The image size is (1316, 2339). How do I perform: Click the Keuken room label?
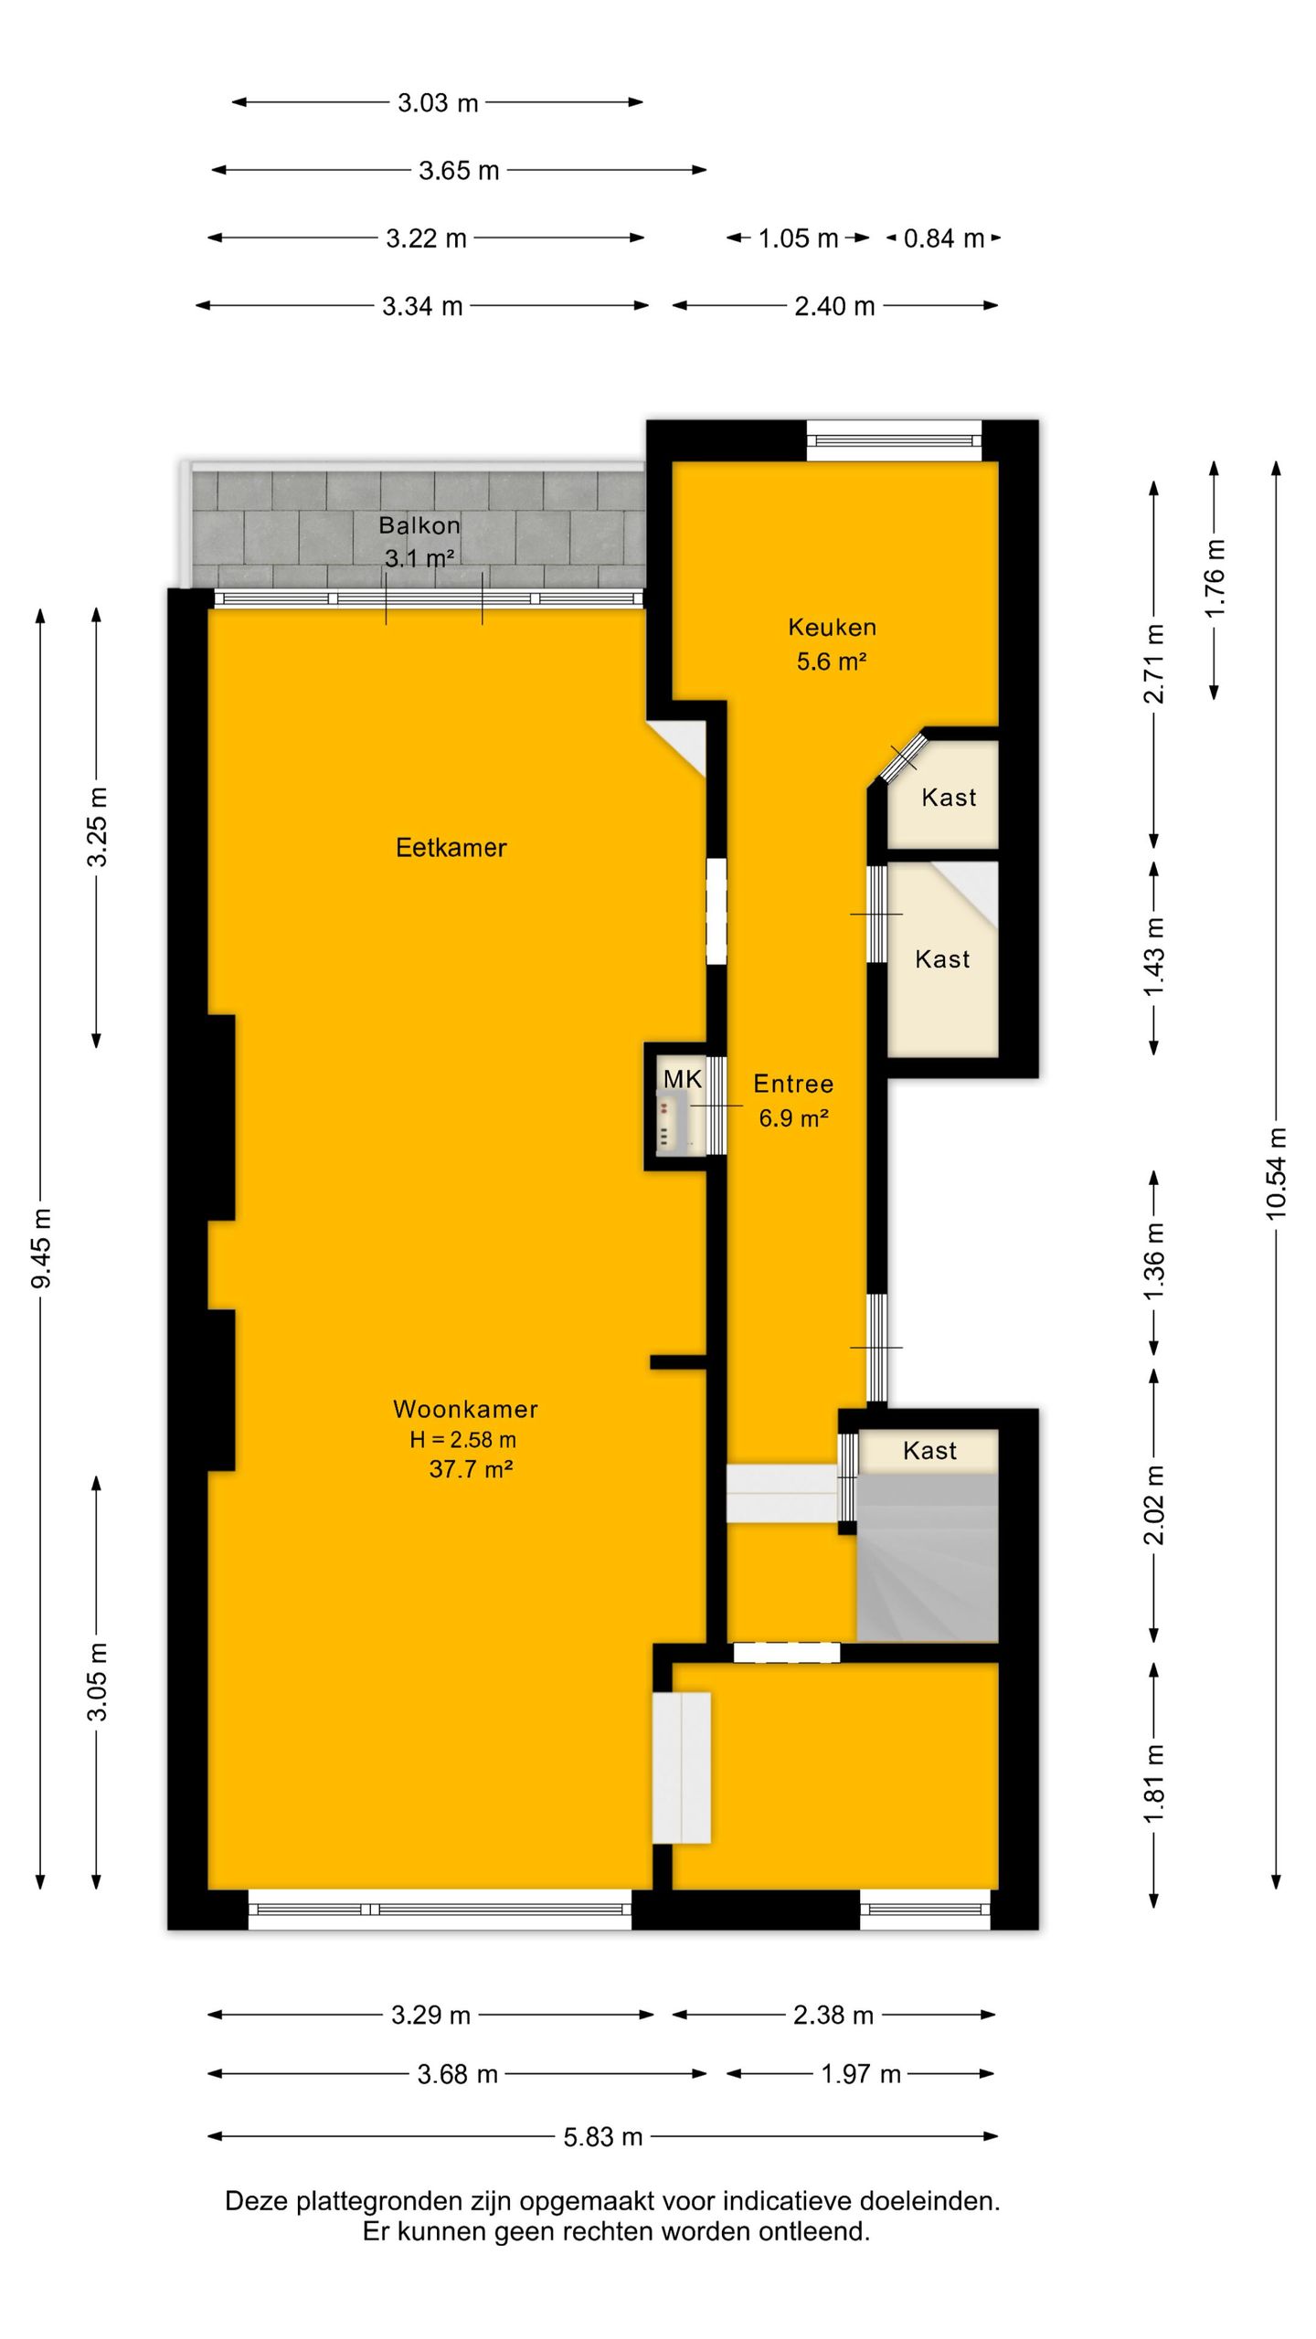pos(832,627)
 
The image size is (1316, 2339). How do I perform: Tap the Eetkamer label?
pos(451,848)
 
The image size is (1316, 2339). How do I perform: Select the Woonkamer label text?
pos(465,1409)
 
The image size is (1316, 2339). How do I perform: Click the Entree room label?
pos(793,1084)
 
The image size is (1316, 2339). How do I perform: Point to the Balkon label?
pos(419,525)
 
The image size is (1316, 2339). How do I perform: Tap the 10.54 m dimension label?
pos(1276,1174)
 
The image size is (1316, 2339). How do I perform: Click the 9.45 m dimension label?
pos(41,1248)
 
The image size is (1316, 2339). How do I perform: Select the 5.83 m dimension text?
pos(603,2137)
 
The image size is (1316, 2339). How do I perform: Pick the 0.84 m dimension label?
pos(944,238)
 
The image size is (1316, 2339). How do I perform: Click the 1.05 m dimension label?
pos(798,238)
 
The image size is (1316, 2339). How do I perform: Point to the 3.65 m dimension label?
pos(459,171)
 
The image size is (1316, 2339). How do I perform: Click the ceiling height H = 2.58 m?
pos(462,1440)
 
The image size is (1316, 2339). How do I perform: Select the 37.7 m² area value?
pos(470,1469)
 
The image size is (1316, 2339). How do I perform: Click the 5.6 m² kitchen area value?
pos(831,661)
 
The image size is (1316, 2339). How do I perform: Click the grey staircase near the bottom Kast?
pos(927,1556)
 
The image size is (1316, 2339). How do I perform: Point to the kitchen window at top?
pos(895,441)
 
